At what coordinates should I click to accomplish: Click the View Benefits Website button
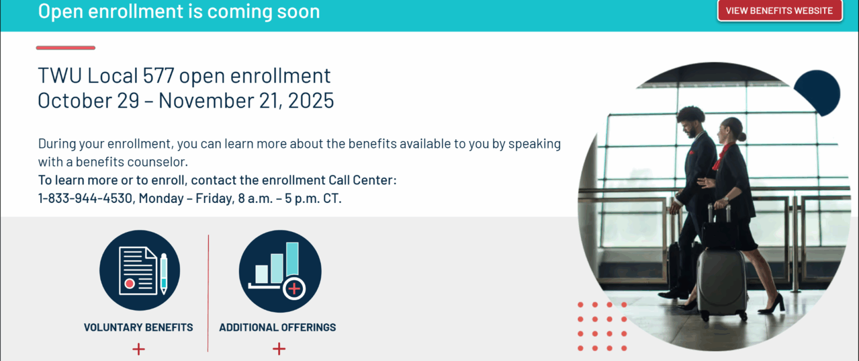(x=779, y=11)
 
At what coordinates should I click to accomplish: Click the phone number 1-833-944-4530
(x=85, y=198)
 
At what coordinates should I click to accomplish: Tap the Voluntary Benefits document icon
(x=140, y=270)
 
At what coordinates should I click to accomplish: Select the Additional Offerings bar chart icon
(x=280, y=271)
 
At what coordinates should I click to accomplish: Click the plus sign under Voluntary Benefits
(x=139, y=349)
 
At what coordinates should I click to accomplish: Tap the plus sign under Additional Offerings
(x=279, y=349)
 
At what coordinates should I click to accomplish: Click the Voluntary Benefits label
(x=139, y=327)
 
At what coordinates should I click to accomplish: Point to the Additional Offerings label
(x=277, y=327)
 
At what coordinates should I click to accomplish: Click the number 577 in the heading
(x=159, y=75)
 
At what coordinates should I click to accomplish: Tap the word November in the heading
(x=206, y=100)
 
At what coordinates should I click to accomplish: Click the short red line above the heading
(x=66, y=48)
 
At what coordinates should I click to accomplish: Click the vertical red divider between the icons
(x=208, y=293)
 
